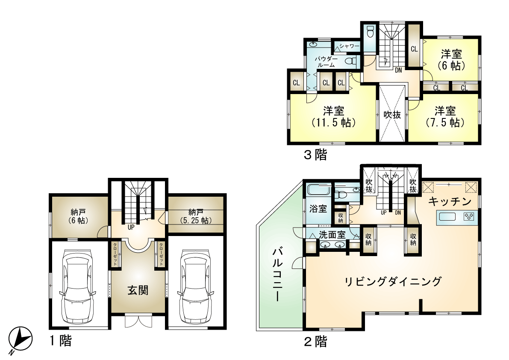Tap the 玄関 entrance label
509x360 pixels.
pos(138,290)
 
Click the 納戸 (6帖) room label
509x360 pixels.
pos(78,216)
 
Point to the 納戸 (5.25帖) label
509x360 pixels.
pos(195,216)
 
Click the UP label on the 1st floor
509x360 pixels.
pos(131,227)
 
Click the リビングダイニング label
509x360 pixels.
pos(393,281)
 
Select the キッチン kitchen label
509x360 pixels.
pos(450,201)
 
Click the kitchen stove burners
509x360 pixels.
pos(469,216)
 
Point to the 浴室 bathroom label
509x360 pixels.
pos(318,209)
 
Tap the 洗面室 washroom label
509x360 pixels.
pos(332,234)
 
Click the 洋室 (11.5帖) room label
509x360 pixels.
pos(334,117)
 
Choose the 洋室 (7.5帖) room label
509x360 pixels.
pos(445,117)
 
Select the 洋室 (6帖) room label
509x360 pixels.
pos(452,60)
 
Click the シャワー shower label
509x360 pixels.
pos(350,46)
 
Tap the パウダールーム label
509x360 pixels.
pos(326,62)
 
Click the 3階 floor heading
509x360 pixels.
pos(315,155)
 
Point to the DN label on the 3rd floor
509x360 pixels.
pos(398,70)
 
